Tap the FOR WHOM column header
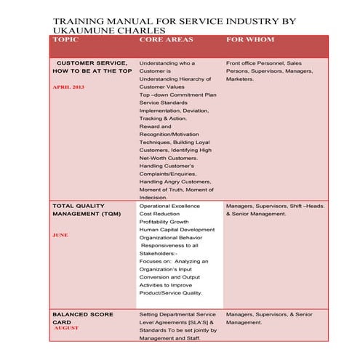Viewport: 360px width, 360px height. (250, 39)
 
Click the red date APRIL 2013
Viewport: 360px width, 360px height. (69, 87)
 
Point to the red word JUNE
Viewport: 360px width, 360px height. (60, 235)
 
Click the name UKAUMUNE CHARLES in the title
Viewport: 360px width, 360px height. (109, 31)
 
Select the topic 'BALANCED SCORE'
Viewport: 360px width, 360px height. (83, 314)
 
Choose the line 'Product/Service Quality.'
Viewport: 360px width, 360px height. (171, 293)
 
